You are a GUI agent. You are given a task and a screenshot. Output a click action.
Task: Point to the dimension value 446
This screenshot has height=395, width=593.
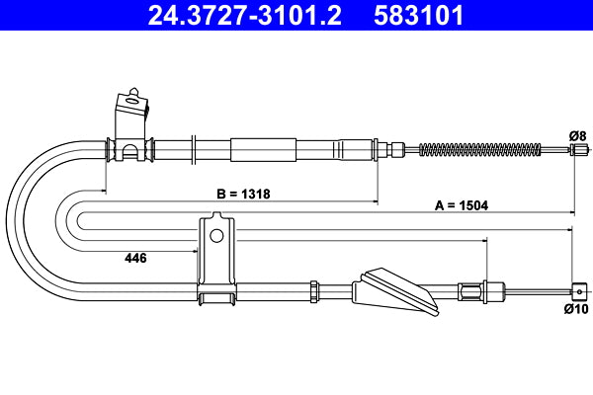[x=135, y=258]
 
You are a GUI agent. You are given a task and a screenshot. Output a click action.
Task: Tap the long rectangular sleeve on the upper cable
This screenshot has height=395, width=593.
[x=263, y=150]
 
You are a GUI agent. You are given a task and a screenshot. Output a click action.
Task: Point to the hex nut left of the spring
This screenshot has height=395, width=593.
[x=397, y=150]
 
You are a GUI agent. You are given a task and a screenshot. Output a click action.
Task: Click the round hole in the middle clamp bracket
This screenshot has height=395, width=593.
[x=215, y=235]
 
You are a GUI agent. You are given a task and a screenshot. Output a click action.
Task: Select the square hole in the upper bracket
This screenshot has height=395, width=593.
[x=129, y=100]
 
